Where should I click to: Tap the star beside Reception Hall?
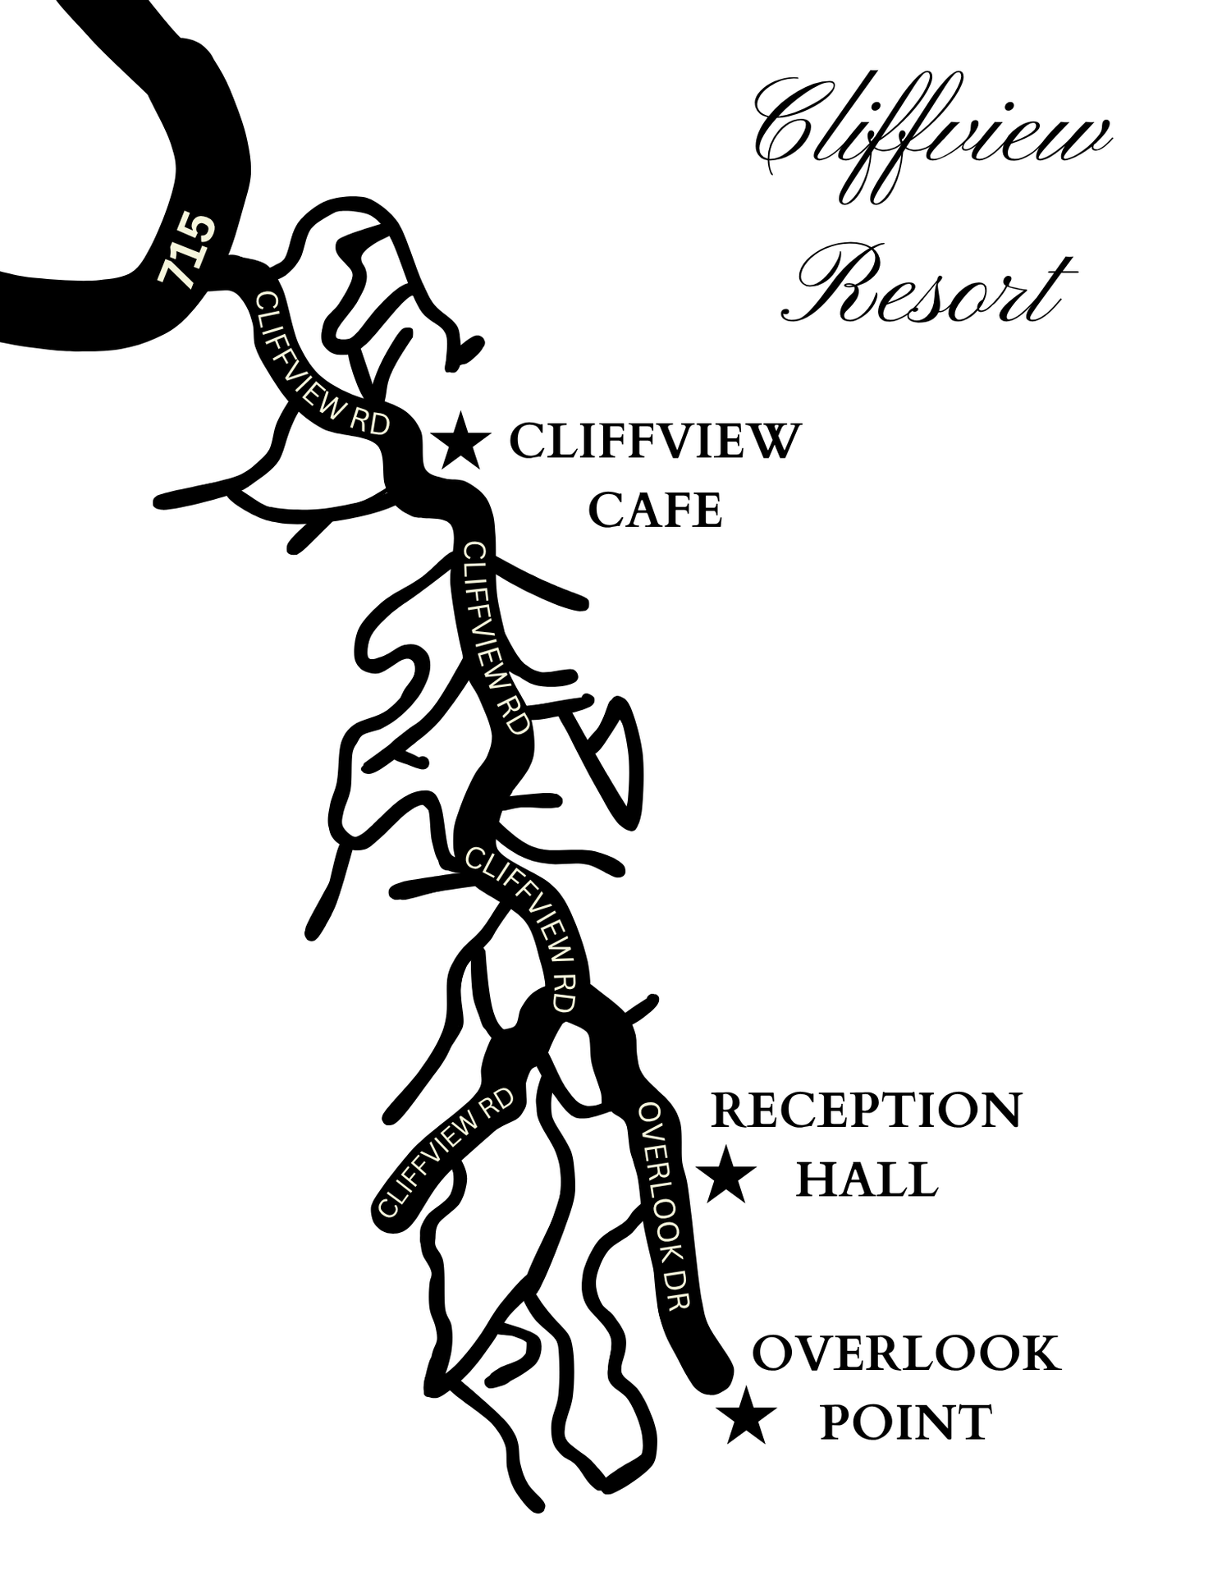tap(726, 1175)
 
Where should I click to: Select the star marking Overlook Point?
tap(748, 1415)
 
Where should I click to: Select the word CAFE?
tap(655, 511)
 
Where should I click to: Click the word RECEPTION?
tap(866, 1111)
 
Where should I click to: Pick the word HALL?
tap(866, 1180)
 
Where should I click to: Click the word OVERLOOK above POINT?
tap(906, 1353)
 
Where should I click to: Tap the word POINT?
tap(906, 1422)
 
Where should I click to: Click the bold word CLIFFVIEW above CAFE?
tap(653, 442)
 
